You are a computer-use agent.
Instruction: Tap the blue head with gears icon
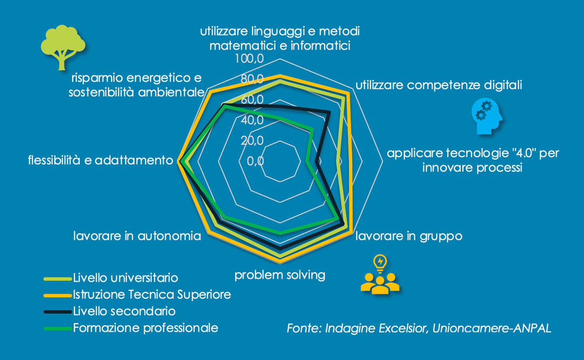click(x=487, y=116)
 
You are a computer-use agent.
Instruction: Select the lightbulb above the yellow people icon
click(x=380, y=263)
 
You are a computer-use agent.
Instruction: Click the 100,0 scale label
click(x=249, y=58)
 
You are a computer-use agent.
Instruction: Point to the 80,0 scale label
click(x=252, y=79)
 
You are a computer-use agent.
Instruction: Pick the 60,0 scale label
click(x=252, y=99)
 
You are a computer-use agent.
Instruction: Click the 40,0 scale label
click(x=252, y=120)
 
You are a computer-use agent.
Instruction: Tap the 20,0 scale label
click(x=252, y=141)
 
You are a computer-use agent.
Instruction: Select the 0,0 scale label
click(x=255, y=161)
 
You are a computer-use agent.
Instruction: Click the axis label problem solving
click(x=280, y=275)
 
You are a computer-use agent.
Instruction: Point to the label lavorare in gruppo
click(x=409, y=236)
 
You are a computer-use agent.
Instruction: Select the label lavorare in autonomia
click(x=137, y=236)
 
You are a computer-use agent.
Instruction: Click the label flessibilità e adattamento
click(x=101, y=160)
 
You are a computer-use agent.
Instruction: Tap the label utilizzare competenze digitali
click(x=439, y=85)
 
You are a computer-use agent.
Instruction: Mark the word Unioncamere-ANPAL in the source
click(x=492, y=328)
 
